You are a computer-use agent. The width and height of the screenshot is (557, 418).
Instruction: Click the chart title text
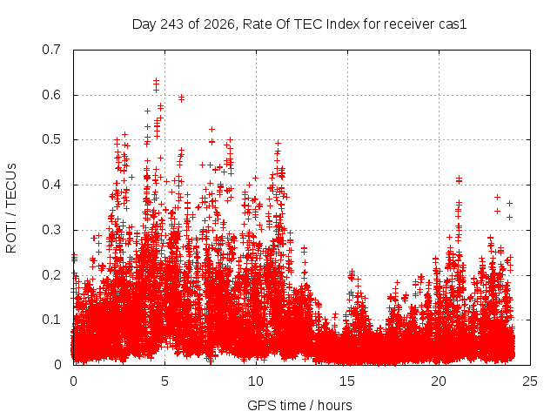[x=299, y=24]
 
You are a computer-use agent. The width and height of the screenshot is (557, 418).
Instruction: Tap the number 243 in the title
[x=172, y=24]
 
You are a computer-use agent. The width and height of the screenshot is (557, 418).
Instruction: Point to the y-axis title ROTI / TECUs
[x=11, y=208]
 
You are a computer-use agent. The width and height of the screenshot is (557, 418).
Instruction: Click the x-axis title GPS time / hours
[x=299, y=405]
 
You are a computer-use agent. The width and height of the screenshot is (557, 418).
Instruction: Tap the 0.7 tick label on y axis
[x=51, y=50]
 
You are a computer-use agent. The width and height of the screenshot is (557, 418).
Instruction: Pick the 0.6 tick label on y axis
[x=51, y=95]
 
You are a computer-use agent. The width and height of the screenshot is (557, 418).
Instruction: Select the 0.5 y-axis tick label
[x=51, y=139]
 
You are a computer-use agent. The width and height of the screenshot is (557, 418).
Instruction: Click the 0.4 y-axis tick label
[x=51, y=185]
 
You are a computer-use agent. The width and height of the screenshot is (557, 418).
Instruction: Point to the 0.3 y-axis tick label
[x=51, y=230]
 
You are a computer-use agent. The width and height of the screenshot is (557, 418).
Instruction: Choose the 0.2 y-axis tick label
[x=51, y=275]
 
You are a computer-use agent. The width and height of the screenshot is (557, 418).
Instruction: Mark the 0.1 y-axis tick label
[x=51, y=320]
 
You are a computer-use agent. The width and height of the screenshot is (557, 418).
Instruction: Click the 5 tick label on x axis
[x=164, y=381]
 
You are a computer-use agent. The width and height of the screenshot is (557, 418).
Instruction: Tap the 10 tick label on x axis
[x=256, y=381]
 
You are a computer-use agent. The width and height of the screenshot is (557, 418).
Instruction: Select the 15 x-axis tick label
[x=347, y=381]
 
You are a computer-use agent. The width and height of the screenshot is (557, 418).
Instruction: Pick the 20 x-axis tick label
[x=439, y=381]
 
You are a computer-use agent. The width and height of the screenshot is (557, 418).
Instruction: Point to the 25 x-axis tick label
[x=530, y=381]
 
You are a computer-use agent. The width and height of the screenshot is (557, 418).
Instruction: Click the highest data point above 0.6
[x=156, y=81]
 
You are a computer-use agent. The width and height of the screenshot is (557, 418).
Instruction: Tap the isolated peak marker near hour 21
[x=459, y=178]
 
